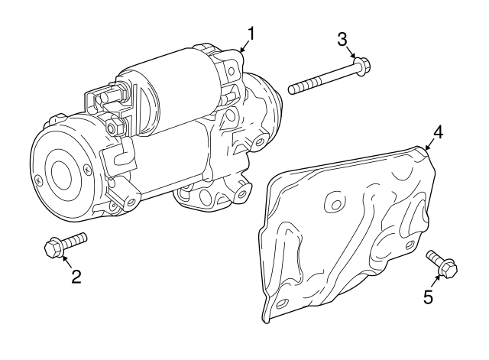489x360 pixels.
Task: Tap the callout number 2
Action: [x=76, y=277]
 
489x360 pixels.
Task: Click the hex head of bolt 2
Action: [x=53, y=248]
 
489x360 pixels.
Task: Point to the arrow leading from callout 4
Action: [x=429, y=146]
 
